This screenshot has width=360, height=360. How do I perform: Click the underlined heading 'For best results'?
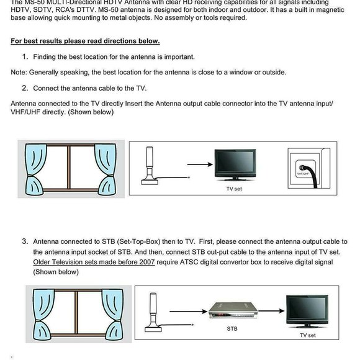(x=85, y=42)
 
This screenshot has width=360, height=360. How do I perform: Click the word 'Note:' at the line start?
(x=20, y=72)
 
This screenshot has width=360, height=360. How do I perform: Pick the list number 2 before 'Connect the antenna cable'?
(x=25, y=88)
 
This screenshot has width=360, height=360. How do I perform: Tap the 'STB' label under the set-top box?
(x=232, y=328)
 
